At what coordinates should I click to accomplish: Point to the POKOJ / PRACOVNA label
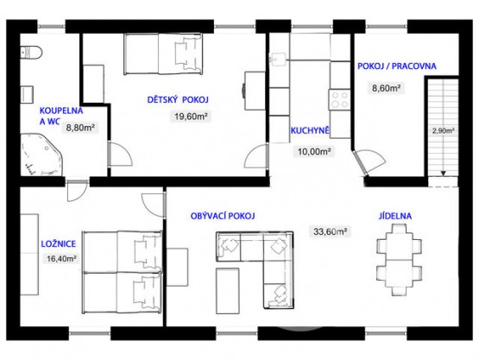(396, 66)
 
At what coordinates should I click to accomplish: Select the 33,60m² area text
(329, 231)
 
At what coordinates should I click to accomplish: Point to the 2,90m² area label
(443, 131)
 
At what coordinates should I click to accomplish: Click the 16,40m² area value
(60, 257)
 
